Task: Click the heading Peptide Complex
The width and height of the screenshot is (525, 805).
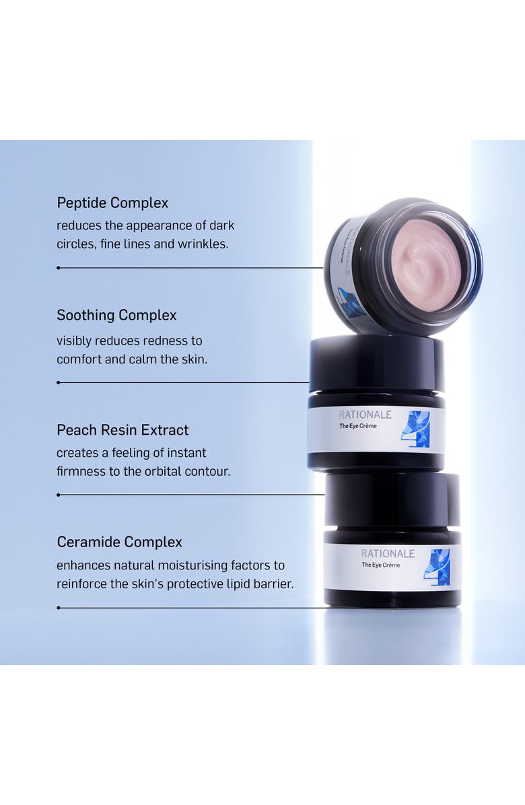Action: tap(112, 203)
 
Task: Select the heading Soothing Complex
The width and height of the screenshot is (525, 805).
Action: tap(116, 315)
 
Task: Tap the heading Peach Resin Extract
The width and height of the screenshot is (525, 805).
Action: tap(123, 429)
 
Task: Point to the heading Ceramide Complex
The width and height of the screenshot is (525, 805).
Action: tap(120, 542)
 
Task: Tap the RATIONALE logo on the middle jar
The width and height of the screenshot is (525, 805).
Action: tap(365, 415)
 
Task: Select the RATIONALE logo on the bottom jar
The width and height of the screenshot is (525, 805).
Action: tap(388, 553)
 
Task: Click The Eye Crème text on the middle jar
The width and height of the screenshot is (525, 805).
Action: tap(358, 426)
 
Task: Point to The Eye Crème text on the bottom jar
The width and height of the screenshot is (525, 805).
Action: tap(381, 565)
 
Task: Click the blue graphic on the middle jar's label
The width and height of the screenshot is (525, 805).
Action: tap(415, 429)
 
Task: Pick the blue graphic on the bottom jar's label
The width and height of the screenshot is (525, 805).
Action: tap(437, 567)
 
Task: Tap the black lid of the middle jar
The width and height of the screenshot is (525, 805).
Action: tap(377, 362)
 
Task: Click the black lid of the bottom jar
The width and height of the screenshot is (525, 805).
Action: tap(392, 501)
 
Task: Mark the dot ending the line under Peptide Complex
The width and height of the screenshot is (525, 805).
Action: tap(59, 268)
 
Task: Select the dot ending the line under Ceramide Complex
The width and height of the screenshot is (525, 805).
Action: tap(59, 608)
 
